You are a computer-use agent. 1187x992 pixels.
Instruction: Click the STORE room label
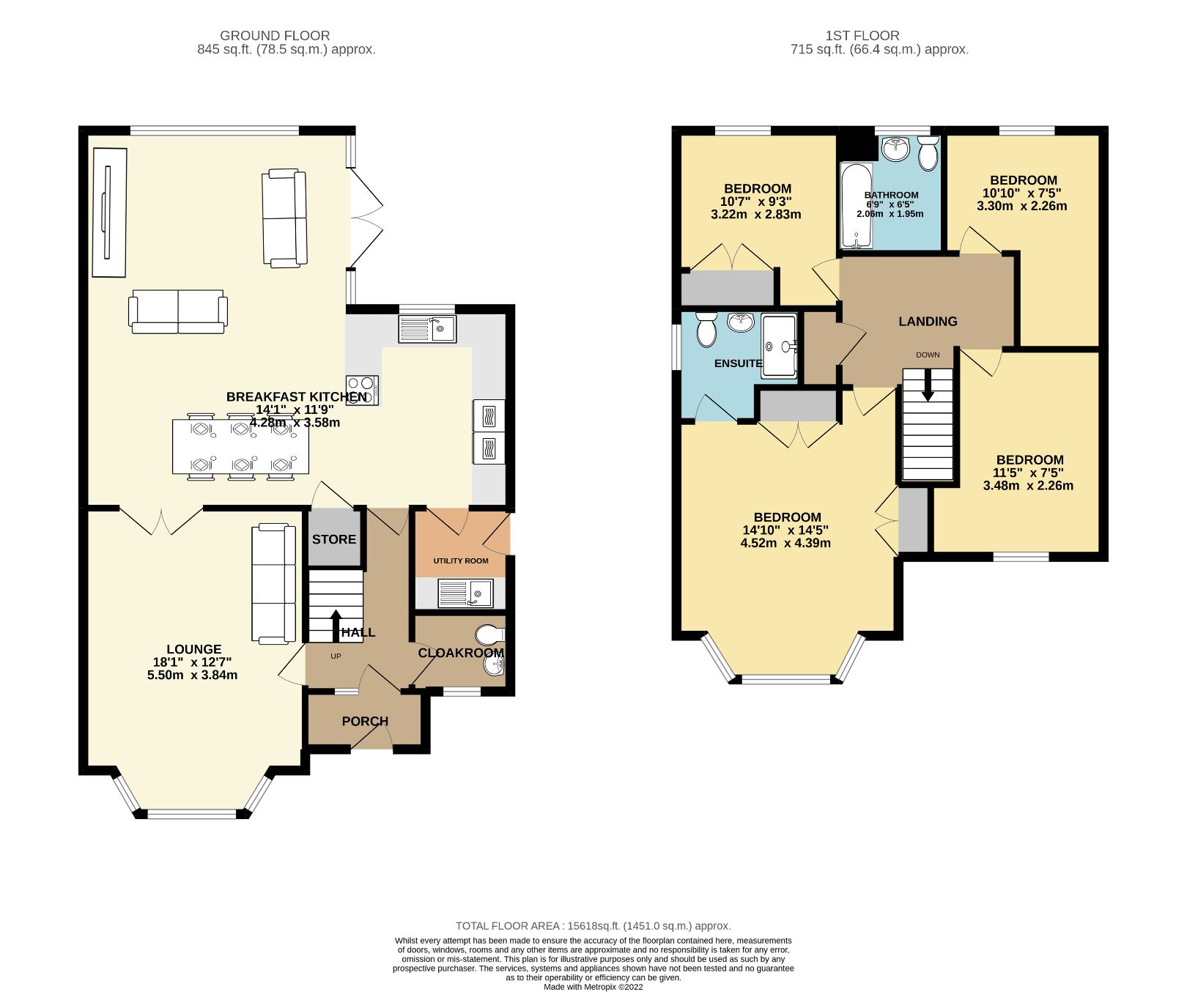[x=334, y=539]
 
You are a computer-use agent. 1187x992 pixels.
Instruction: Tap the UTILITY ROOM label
[x=460, y=560]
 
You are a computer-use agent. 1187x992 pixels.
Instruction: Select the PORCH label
[x=365, y=721]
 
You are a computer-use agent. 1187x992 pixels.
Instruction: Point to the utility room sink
[x=466, y=593]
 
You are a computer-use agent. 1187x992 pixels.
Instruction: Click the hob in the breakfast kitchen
[x=362, y=389]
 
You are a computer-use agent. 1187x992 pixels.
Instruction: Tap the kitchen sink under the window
[x=427, y=329]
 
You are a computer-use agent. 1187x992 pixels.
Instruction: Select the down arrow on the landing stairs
[x=928, y=385]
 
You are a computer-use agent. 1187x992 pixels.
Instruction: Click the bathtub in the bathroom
[x=855, y=205]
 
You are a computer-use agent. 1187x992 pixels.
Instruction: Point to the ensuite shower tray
[x=780, y=346]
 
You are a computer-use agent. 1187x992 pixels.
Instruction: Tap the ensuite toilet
[x=706, y=329]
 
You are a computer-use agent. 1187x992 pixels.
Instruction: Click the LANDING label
[x=928, y=321]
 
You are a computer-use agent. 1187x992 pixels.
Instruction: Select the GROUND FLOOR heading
[x=275, y=35]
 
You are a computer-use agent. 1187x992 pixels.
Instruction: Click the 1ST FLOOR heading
[x=862, y=35]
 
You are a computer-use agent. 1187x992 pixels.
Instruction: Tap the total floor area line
[x=593, y=925]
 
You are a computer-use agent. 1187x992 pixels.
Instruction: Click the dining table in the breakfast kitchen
[x=240, y=445]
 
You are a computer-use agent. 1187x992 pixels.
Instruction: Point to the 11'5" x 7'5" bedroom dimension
[x=1027, y=473]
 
